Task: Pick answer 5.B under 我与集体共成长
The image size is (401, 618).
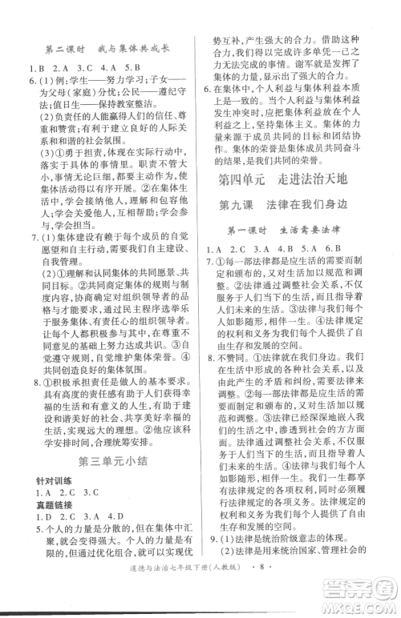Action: tap(132, 67)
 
